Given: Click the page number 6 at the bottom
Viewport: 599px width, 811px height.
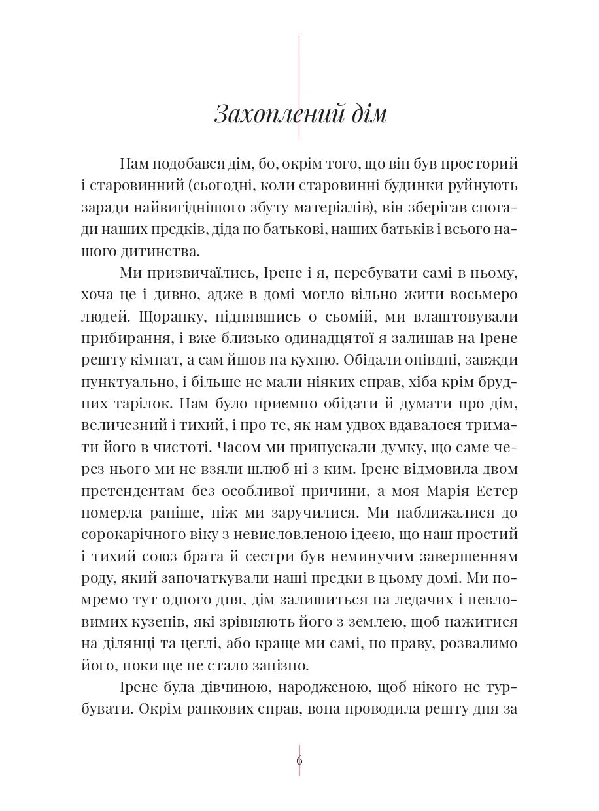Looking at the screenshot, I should pyautogui.click(x=299, y=759).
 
